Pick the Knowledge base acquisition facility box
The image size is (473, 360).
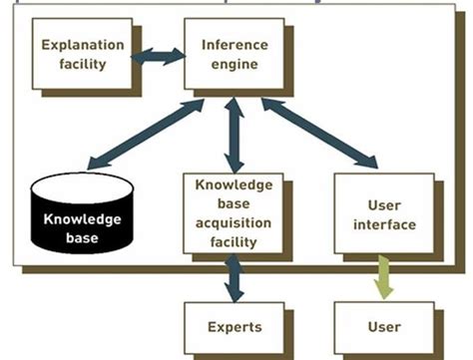pyautogui.click(x=233, y=212)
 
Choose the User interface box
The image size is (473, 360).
pyautogui.click(x=383, y=212)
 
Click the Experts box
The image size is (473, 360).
pyautogui.click(x=234, y=327)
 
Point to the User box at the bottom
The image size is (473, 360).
pyautogui.click(x=384, y=327)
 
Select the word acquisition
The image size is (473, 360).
pyautogui.click(x=234, y=224)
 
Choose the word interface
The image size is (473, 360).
pyautogui.click(x=384, y=224)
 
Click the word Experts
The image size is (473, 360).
pyautogui.click(x=235, y=327)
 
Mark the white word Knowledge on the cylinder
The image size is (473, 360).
pyautogui.click(x=82, y=218)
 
